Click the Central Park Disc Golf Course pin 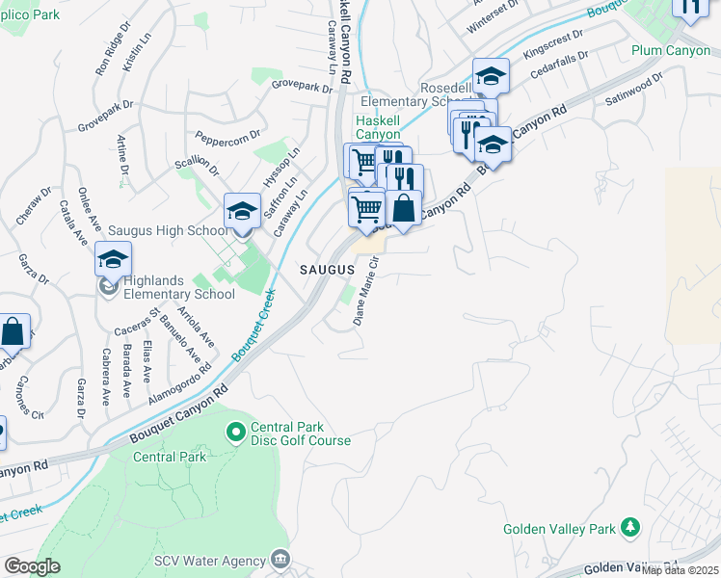pyautogui.click(x=234, y=433)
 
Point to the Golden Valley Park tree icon pyautogui.click(x=629, y=528)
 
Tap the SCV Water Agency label pyautogui.click(x=209, y=561)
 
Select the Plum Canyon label pyautogui.click(x=671, y=50)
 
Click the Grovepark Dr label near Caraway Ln pyautogui.click(x=301, y=86)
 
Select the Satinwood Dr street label pyautogui.click(x=634, y=88)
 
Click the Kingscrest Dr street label pyautogui.click(x=553, y=45)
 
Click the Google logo pyautogui.click(x=32, y=566)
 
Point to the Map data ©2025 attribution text pyautogui.click(x=681, y=570)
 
